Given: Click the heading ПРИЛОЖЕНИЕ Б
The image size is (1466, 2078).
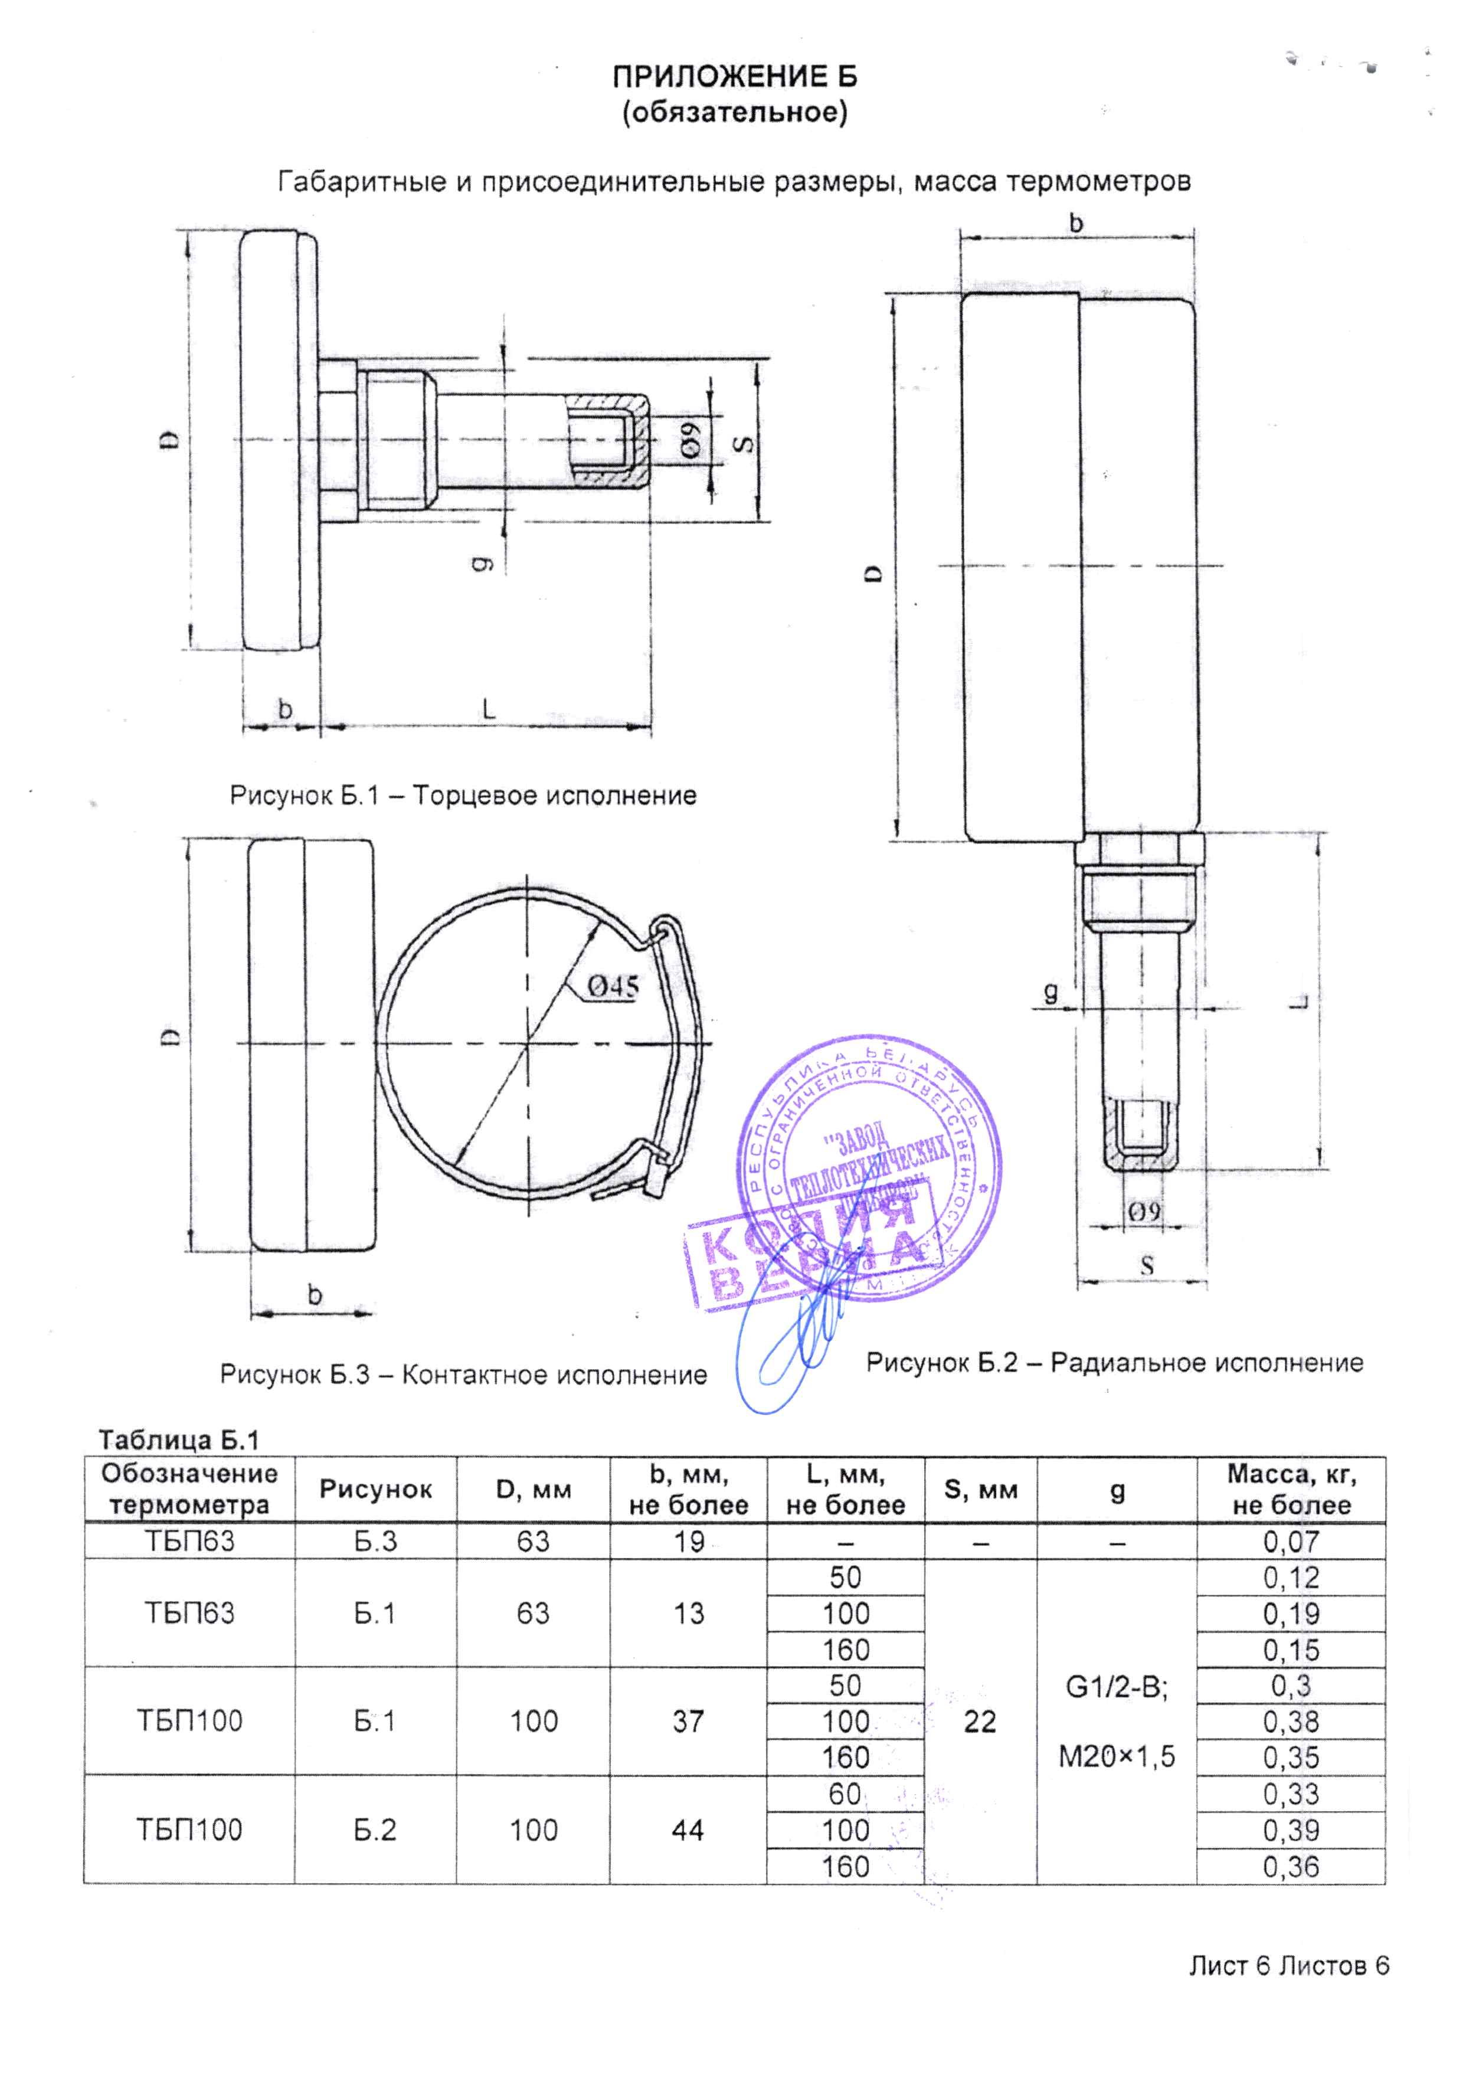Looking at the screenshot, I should click(x=734, y=78).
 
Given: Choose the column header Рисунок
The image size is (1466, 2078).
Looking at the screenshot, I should click(x=375, y=1489).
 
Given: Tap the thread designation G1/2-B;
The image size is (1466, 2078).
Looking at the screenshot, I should click(x=1117, y=1688).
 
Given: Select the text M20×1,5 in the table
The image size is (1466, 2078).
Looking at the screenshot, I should click(x=1117, y=1757).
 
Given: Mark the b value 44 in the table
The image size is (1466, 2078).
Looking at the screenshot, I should click(x=688, y=1830).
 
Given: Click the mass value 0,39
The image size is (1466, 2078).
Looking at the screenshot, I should click(x=1291, y=1830).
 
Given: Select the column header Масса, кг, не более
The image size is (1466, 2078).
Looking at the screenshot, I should click(x=1291, y=1489).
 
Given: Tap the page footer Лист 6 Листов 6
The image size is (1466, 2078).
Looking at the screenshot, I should click(x=1288, y=1966).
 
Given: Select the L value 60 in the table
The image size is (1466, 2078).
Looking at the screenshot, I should click(x=845, y=1793).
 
